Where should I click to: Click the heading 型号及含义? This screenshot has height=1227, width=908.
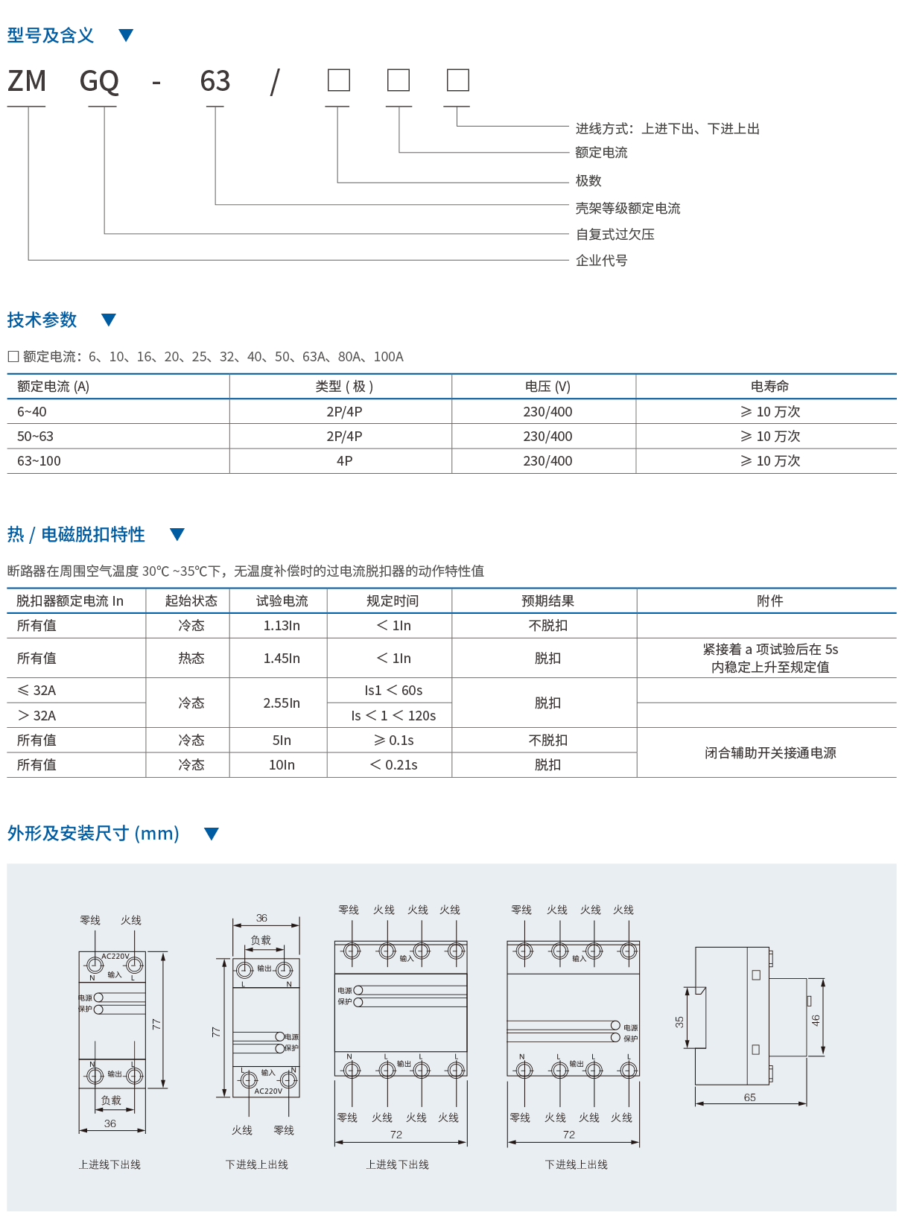pos(51,35)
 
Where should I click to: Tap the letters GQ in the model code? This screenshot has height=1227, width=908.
pos(99,81)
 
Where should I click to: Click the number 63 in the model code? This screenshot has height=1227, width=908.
pos(215,81)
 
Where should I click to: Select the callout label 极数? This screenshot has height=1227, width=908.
pos(588,181)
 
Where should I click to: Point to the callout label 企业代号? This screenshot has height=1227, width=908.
pos(601,260)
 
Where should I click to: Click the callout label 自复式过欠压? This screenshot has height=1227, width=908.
pos(615,234)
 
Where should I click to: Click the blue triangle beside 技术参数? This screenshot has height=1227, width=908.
pos(109,320)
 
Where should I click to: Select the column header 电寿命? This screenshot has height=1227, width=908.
pos(769,386)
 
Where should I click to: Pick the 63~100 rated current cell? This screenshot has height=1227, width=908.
pos(39,461)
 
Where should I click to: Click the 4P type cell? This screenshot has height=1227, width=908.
pos(344,461)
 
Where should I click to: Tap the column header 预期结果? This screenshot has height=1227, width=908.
pos(547,600)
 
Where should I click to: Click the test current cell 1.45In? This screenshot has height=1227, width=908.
pos(282,658)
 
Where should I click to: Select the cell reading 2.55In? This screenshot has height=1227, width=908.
pos(282,703)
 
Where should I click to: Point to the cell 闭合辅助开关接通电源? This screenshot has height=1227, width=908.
pos(769,752)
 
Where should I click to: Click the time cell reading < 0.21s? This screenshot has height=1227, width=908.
pos(394,764)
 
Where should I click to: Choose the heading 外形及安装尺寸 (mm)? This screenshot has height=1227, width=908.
pos(93,833)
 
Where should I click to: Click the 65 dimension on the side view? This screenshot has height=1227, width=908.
pos(749,1097)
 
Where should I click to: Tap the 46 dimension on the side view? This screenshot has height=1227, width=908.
pos(816,1020)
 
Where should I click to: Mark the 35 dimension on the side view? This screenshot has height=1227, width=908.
pos(679,1021)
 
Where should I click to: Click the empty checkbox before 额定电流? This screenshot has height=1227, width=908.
pos(13,357)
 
